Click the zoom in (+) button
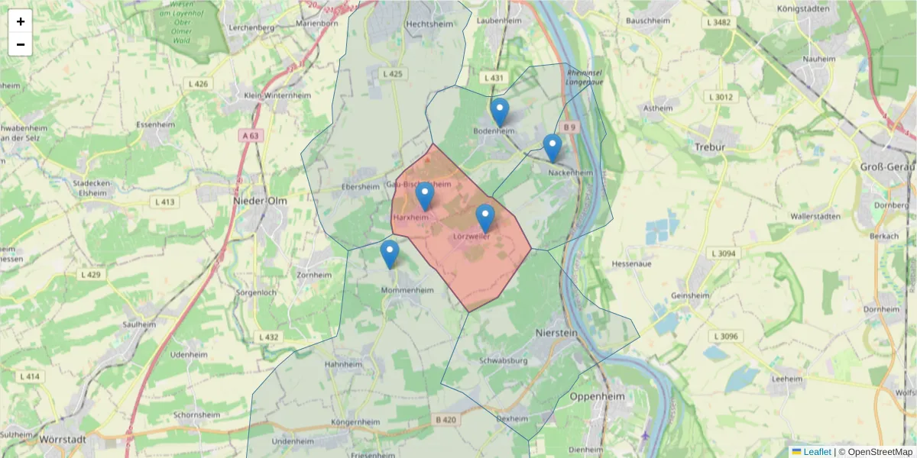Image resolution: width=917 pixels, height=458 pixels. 21,21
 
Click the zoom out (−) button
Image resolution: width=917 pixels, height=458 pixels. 21,44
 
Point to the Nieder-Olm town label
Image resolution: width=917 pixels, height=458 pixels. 259,201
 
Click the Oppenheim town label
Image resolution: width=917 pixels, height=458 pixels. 597,397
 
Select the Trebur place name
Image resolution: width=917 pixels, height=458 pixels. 709,146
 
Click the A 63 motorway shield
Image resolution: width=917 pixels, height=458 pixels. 251,136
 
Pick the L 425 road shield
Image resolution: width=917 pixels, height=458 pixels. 391,74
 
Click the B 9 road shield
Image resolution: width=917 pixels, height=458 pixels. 569,127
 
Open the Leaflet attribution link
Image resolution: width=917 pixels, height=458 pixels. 816,452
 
